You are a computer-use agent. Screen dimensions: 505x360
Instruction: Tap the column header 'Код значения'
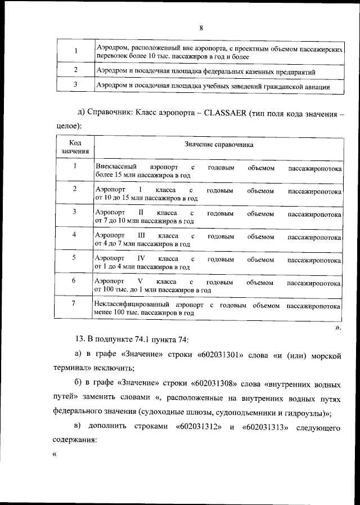coord(74,146)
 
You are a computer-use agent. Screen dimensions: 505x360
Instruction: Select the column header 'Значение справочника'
coord(219,145)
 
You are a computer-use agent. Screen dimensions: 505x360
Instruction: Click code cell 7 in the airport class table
coord(74,304)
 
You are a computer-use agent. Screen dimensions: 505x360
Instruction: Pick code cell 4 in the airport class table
coord(74,234)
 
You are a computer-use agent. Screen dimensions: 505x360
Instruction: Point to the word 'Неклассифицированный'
coord(131,305)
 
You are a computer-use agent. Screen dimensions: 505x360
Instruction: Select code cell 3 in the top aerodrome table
coord(75,84)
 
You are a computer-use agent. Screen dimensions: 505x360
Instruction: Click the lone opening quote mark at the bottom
coord(55,455)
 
